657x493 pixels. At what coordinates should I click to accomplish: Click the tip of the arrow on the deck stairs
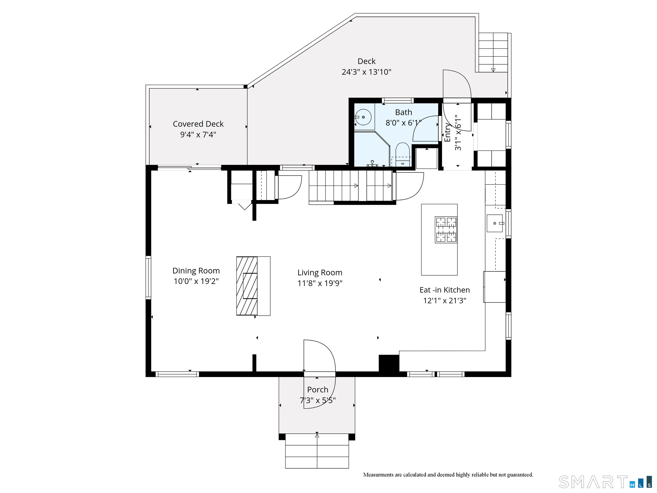tap(493, 71)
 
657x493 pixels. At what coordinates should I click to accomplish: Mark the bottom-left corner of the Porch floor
tap(279, 434)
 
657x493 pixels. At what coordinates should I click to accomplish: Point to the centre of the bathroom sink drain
tap(363, 117)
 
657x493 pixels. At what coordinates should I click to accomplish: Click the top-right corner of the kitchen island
tap(457, 204)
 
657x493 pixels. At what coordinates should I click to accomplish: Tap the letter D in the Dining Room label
tap(175, 271)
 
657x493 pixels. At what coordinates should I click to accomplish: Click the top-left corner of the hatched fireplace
tap(236, 257)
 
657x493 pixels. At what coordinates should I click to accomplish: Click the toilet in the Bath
tap(403, 154)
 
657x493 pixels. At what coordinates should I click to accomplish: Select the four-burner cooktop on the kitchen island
tap(446, 230)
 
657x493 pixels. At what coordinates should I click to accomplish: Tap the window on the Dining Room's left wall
tap(148, 277)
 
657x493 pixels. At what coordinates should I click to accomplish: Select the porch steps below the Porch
tap(317, 451)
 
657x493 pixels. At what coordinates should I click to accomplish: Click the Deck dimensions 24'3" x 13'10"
tap(366, 72)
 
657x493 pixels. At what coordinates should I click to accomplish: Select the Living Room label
tap(320, 278)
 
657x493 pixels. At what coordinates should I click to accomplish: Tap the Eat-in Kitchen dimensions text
tap(445, 301)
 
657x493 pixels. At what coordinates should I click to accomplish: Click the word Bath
tap(403, 112)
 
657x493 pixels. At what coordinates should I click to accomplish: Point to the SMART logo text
tap(593, 482)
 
